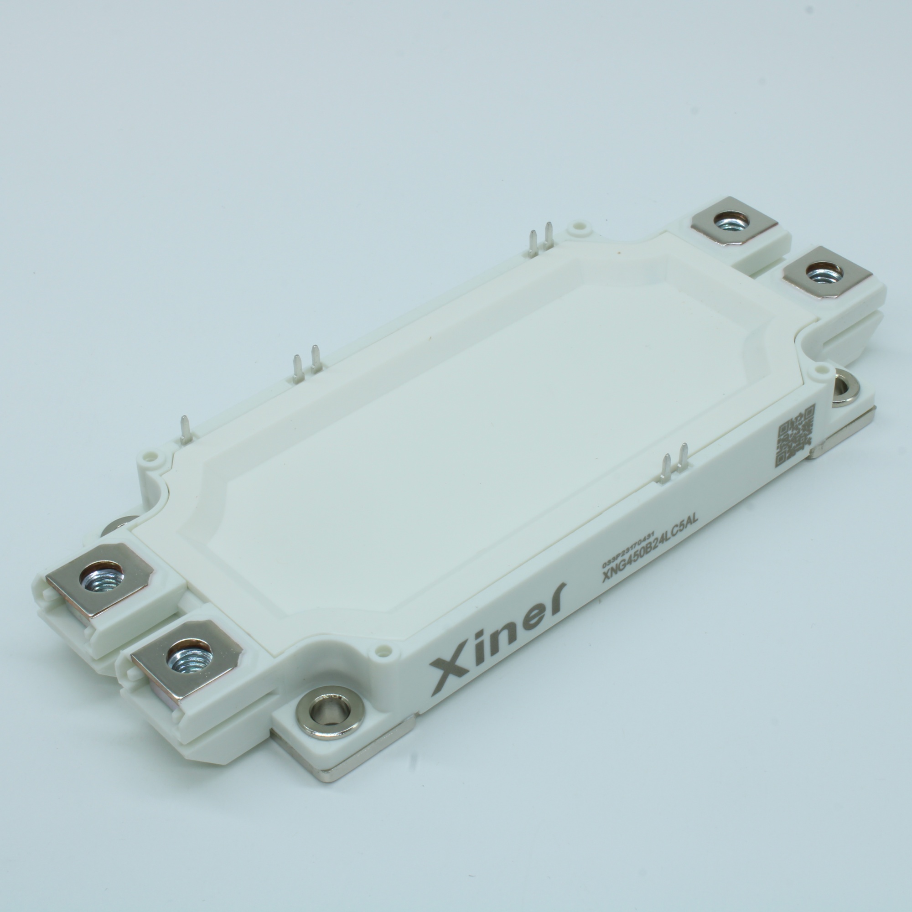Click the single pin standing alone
pyautogui.click(x=186, y=429)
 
